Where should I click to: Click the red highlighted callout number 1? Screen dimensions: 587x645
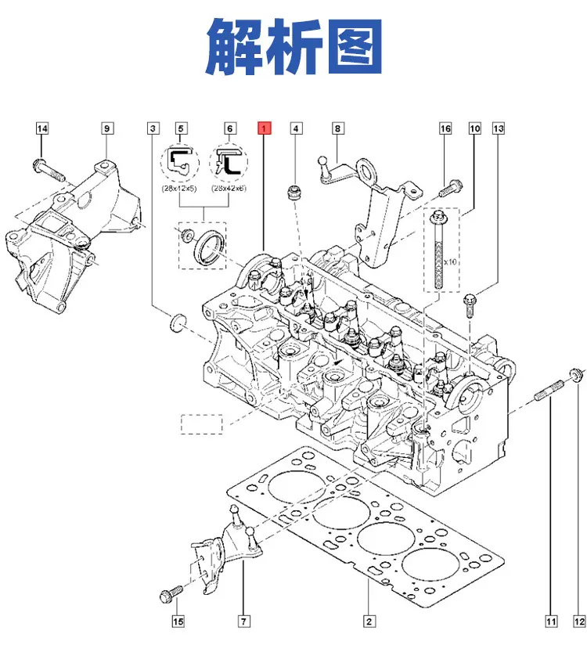click(x=264, y=128)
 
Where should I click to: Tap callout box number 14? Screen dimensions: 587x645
click(x=42, y=128)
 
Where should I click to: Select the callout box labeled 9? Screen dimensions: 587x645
click(x=107, y=128)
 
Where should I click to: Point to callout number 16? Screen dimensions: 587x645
click(x=445, y=128)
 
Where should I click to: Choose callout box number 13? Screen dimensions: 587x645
click(x=498, y=128)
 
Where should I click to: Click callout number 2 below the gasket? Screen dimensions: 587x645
click(x=369, y=622)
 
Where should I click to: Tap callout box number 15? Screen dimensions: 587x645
click(x=178, y=622)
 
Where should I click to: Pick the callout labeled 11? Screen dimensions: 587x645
click(x=551, y=622)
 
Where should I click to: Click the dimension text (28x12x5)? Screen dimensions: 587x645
click(x=179, y=189)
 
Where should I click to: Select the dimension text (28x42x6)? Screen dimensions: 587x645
click(x=229, y=189)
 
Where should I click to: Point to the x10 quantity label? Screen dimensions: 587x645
click(x=450, y=261)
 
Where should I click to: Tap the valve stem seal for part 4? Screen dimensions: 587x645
click(x=293, y=193)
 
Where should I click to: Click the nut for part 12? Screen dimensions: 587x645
click(x=576, y=375)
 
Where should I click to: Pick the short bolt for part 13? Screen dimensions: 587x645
click(x=470, y=305)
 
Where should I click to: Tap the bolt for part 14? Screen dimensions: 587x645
click(x=48, y=171)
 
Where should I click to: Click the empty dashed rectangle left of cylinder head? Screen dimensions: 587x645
click(x=202, y=424)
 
